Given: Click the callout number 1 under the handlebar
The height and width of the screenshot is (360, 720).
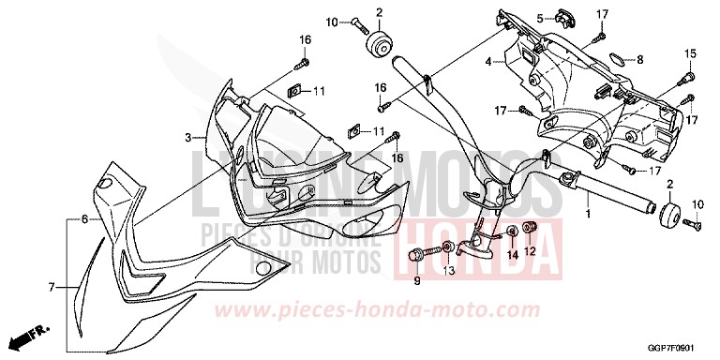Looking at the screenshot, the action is (588, 216).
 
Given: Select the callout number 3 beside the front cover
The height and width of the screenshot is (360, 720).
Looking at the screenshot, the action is (187, 138).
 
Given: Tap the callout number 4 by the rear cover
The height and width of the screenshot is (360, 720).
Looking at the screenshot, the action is (487, 62).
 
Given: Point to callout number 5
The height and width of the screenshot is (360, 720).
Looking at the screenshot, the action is (540, 18).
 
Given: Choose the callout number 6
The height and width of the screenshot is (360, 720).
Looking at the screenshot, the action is (83, 218).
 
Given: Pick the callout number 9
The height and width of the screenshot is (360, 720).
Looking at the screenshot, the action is (417, 279).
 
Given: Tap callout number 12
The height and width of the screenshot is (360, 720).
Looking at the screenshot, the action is (529, 251).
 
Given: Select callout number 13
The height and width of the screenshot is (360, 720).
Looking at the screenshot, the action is (448, 271).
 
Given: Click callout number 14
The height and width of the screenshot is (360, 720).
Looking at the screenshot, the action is (512, 254).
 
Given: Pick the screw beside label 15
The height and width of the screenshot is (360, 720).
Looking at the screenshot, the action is (688, 75).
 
